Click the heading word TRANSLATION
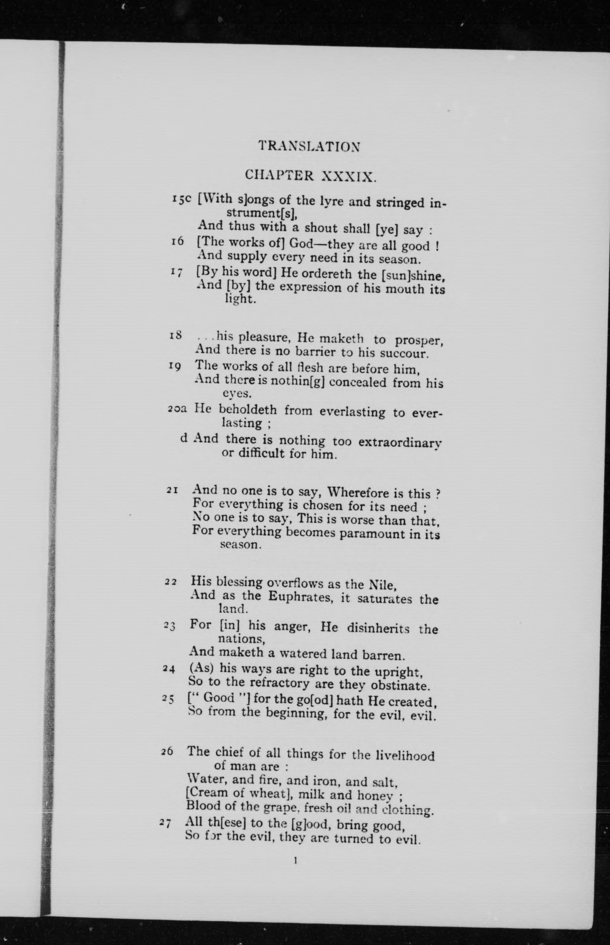309,146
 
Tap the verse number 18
176,336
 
